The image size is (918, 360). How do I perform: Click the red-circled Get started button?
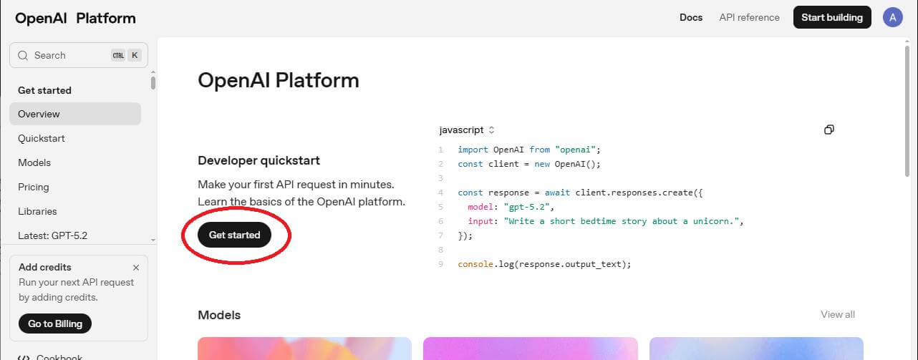pos(234,235)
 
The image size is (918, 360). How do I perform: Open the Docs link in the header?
pos(691,18)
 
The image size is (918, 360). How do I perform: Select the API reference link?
pos(749,18)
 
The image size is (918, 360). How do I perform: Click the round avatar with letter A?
pos(893,18)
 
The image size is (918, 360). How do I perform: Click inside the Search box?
pos(79,55)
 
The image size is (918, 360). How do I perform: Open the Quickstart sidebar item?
pos(42,138)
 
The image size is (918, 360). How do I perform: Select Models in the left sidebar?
pos(34,162)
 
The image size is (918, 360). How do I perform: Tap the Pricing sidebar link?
pos(34,188)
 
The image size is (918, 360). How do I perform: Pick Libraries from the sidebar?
pos(37,211)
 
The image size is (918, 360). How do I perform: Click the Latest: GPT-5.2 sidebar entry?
pos(53,235)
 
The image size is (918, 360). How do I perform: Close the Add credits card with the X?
pos(136,268)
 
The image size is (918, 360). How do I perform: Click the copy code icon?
pos(828,130)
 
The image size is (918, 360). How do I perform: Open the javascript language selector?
pos(467,130)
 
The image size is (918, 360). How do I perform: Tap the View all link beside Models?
pos(838,314)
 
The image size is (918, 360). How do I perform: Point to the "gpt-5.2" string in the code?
pos(526,207)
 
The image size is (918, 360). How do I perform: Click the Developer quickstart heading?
pos(259,160)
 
